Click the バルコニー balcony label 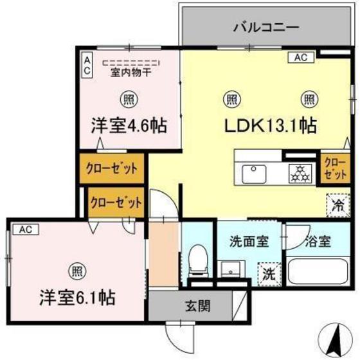265,28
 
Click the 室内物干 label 129,73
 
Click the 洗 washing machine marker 270,273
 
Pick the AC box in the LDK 301,58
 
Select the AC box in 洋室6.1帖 24,229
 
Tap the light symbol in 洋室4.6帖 128,99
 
